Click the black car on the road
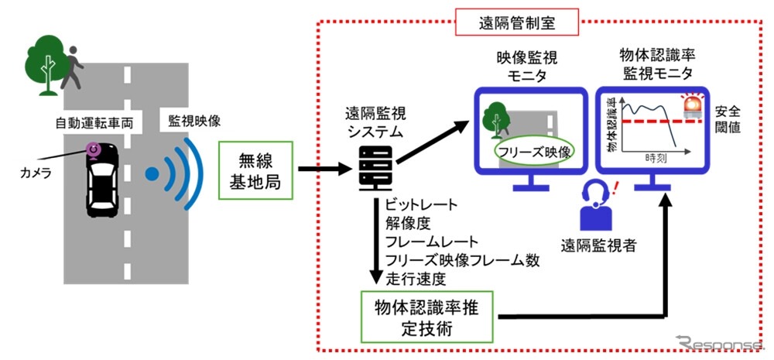pyautogui.click(x=103, y=182)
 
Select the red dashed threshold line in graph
pyautogui.click(x=658, y=122)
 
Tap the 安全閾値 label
pyautogui.click(x=728, y=119)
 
